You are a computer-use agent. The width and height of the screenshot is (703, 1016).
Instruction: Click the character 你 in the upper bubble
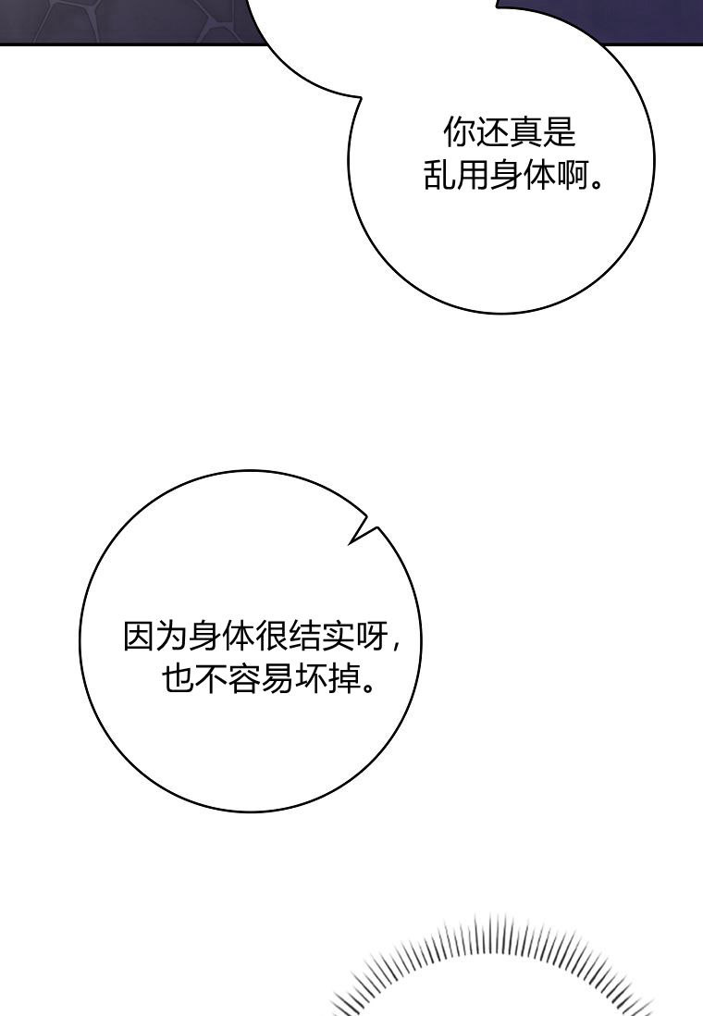click(x=460, y=133)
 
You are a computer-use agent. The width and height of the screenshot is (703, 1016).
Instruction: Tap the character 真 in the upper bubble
click(x=525, y=133)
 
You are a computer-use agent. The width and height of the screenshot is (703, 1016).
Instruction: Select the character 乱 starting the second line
click(x=440, y=175)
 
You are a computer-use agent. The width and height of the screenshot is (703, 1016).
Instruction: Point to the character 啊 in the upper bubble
click(x=573, y=175)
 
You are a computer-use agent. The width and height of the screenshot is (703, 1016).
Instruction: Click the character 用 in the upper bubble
click(x=473, y=175)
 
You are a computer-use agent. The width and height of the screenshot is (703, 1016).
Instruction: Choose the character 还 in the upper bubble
click(x=492, y=133)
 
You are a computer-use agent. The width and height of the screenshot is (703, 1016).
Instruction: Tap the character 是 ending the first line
click(x=559, y=133)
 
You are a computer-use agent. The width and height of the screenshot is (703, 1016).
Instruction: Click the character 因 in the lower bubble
click(x=140, y=636)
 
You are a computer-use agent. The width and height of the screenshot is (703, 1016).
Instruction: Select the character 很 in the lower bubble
click(x=271, y=636)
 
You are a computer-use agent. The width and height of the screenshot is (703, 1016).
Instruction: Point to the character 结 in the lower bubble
click(x=304, y=636)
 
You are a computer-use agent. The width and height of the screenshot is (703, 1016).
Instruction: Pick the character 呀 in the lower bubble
click(x=371, y=636)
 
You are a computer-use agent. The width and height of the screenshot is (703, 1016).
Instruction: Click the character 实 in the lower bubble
click(x=338, y=636)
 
